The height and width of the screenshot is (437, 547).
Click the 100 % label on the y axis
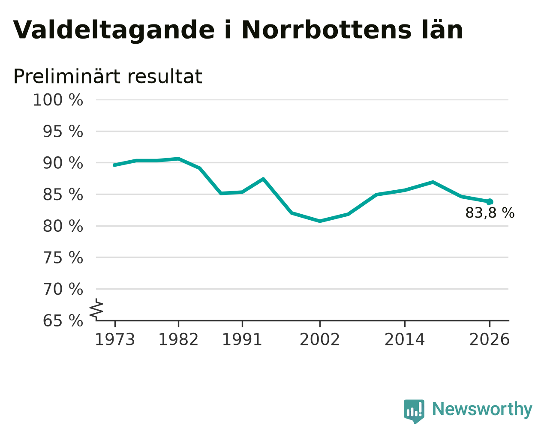[x=58, y=100]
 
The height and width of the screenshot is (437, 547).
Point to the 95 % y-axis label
[x=63, y=132]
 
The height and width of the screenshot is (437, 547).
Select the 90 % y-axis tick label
[x=63, y=163]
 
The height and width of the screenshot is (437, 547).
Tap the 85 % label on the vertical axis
[x=63, y=195]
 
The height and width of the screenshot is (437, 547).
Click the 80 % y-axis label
[x=63, y=226]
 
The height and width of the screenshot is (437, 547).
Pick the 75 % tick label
[x=63, y=258]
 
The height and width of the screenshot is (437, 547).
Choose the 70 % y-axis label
[x=63, y=289]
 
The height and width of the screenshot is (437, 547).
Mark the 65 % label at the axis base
[x=63, y=321]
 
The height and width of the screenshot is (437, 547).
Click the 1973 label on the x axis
[x=115, y=340]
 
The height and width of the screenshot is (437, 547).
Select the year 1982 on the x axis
[x=178, y=340]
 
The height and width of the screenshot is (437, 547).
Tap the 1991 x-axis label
[x=242, y=340]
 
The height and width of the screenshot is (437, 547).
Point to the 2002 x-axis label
[x=320, y=340]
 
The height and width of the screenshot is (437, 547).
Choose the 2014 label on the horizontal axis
[x=405, y=340]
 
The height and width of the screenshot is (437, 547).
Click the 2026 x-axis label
[x=490, y=340]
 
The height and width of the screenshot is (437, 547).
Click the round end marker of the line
[x=490, y=202]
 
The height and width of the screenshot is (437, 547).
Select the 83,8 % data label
[x=490, y=213]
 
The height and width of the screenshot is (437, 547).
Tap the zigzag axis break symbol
[x=96, y=309]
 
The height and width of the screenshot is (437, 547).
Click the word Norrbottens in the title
[x=327, y=30]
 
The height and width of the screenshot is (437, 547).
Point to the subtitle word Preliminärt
[x=66, y=76]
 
